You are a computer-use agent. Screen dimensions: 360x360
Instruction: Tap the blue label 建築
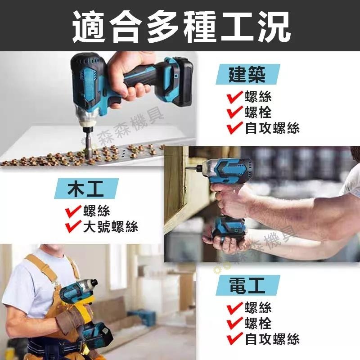pyautogui.click(x=247, y=74)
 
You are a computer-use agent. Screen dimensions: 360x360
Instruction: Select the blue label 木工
pyautogui.click(x=85, y=189)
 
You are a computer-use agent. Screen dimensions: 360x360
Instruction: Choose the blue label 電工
pyautogui.click(x=247, y=286)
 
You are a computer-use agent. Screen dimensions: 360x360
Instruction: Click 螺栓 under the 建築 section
pyautogui.click(x=258, y=112)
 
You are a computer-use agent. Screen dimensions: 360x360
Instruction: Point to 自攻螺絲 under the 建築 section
pyautogui.click(x=272, y=128)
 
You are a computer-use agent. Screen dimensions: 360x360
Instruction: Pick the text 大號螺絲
pyautogui.click(x=110, y=226)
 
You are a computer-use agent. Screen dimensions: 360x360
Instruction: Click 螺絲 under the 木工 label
pyautogui.click(x=96, y=211)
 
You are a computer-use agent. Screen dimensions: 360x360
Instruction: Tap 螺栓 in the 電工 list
pyautogui.click(x=258, y=323)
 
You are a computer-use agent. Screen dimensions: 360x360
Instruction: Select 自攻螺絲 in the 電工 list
pyautogui.click(x=272, y=339)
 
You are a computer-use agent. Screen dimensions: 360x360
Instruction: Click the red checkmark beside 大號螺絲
pyautogui.click(x=72, y=226)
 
